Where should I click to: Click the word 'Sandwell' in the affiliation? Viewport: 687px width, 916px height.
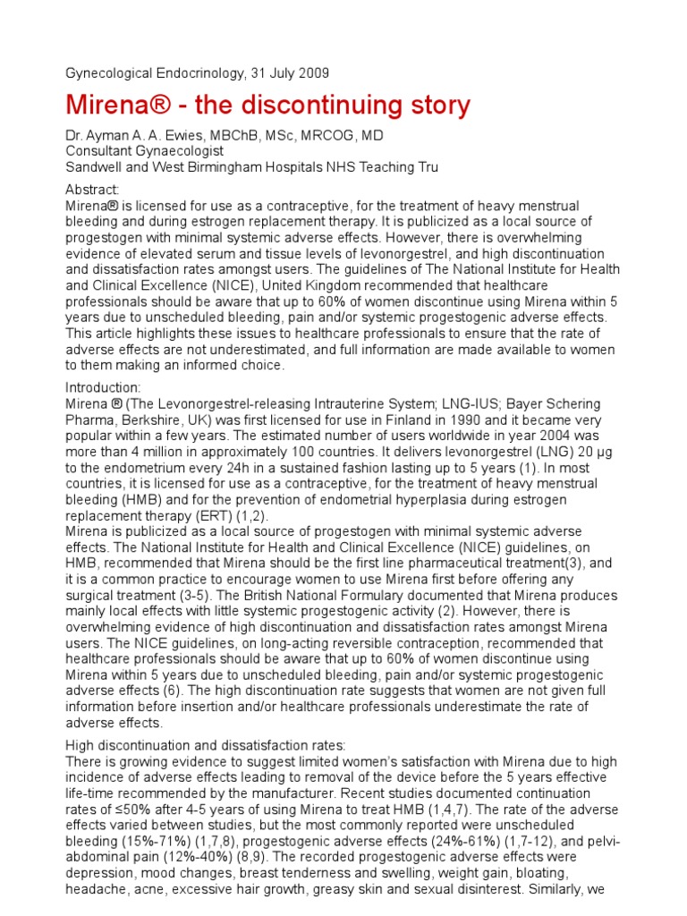[x=94, y=167]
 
